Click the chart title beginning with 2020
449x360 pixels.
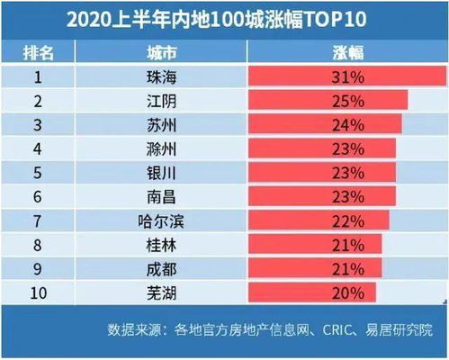(225, 20)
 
